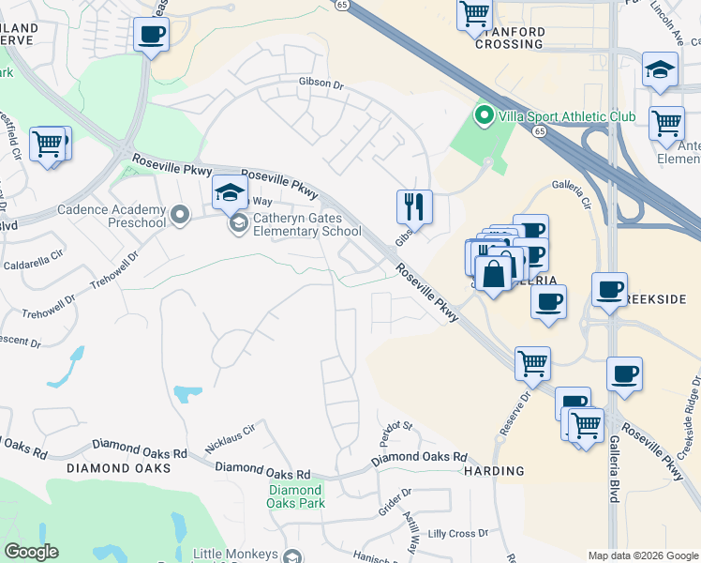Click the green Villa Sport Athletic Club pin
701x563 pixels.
click(x=484, y=117)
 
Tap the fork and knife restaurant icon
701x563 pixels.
click(x=413, y=205)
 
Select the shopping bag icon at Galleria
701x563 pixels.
click(x=494, y=273)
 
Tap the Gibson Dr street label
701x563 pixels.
click(x=321, y=84)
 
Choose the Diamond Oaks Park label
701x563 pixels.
click(x=296, y=496)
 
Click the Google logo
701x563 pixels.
click(x=31, y=552)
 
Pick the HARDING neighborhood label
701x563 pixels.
click(x=493, y=471)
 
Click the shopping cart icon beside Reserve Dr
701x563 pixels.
click(x=533, y=363)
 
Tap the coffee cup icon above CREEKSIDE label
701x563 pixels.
click(x=609, y=288)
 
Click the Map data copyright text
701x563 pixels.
click(x=642, y=555)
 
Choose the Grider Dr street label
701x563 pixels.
click(x=394, y=494)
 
